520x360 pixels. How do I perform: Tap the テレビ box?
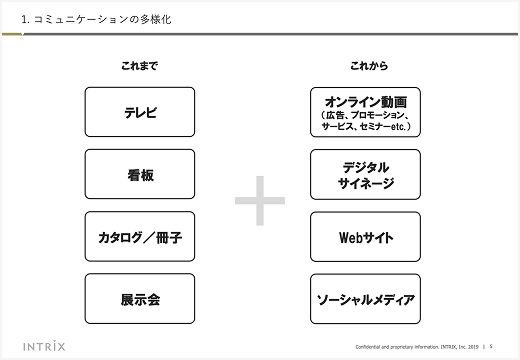[x=140, y=112]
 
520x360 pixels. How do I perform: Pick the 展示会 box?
[x=140, y=299]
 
